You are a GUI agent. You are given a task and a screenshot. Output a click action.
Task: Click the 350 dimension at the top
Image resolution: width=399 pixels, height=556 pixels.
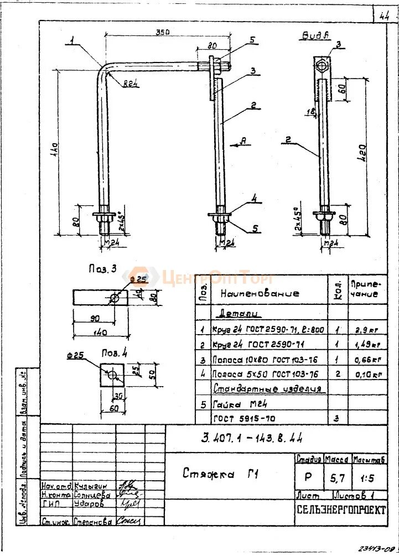coord(162,33)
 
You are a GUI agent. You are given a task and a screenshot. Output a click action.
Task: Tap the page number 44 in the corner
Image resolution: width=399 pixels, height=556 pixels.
coord(385,16)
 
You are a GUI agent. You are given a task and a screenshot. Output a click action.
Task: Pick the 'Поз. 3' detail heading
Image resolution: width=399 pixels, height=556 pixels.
coord(102,269)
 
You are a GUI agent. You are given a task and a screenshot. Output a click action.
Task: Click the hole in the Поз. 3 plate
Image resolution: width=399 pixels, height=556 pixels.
coord(114,298)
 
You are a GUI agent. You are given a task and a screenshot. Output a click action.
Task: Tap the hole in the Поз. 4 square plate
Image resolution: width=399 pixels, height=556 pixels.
coord(113,375)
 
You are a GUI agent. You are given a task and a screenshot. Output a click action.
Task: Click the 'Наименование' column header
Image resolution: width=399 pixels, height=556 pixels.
coord(260,293)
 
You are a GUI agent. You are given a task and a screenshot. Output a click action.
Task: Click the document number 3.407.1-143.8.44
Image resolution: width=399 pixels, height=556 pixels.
coord(251,439)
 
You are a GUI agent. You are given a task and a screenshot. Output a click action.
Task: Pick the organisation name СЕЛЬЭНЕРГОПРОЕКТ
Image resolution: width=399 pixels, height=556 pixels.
coord(340,510)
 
